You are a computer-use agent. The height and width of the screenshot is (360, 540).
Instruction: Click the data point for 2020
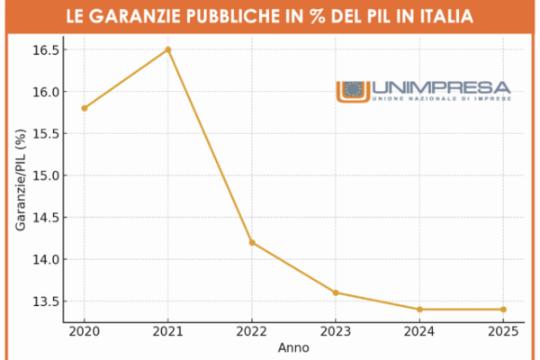pyautogui.click(x=85, y=108)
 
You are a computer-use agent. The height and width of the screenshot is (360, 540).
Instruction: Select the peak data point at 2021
pyautogui.click(x=168, y=49)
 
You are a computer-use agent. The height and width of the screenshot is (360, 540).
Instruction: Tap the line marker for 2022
pyautogui.click(x=252, y=242)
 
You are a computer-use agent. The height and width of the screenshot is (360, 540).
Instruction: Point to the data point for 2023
pyautogui.click(x=336, y=292)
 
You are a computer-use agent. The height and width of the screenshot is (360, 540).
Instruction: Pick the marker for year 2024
pyautogui.click(x=419, y=309)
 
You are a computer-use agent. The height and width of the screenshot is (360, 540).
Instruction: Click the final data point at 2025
pyautogui.click(x=503, y=309)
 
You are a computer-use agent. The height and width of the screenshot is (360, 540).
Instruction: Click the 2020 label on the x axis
pyautogui.click(x=85, y=330)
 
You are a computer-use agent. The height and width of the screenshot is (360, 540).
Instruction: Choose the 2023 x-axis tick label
pyautogui.click(x=336, y=330)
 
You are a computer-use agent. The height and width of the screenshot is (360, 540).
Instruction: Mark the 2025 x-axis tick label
pyautogui.click(x=503, y=330)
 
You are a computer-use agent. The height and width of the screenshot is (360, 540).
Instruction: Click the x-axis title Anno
pyautogui.click(x=293, y=346)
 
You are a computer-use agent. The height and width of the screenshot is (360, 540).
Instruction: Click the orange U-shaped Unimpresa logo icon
pyautogui.click(x=353, y=91)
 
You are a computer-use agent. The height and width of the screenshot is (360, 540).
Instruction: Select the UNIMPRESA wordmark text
pyautogui.click(x=440, y=87)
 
